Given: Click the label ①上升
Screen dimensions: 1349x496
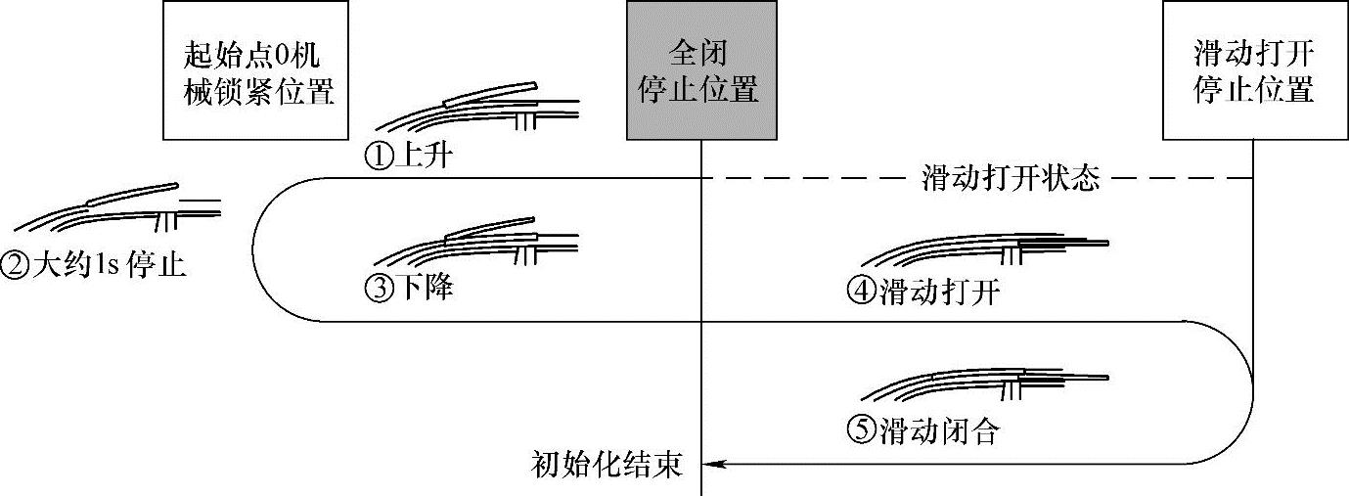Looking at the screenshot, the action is tap(407, 157).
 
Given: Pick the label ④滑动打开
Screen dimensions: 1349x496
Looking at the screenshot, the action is tap(924, 292).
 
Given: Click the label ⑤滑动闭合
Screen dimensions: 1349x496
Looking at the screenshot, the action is tap(924, 430).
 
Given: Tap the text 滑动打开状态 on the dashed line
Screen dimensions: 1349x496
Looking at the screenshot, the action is tap(1011, 178).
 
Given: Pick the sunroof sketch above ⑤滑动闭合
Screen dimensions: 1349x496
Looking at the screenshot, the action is tap(983, 384).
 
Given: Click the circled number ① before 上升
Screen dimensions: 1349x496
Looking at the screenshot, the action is tap(377, 157).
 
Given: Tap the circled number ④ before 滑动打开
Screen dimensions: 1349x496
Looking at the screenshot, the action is tap(862, 292).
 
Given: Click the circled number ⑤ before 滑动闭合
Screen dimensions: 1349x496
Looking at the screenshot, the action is tap(862, 430).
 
